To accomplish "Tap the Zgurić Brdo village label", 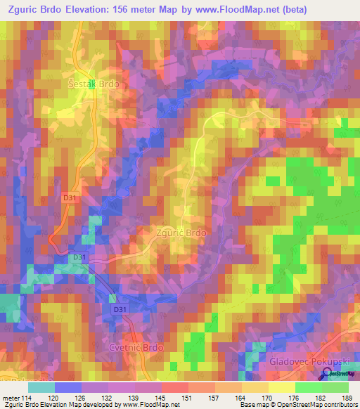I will pyautogui.click(x=181, y=231).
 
